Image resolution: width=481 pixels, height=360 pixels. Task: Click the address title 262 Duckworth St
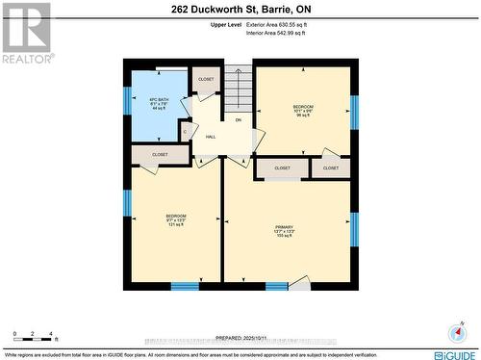pos(240,9)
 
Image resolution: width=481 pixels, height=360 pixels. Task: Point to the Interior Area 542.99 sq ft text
pos(277,33)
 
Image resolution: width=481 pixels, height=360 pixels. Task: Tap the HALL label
pos(211,137)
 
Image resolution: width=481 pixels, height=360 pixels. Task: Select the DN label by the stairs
pos(238,119)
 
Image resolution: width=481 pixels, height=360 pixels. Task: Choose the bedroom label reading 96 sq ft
pos(304,110)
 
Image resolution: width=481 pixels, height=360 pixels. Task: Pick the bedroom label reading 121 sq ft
pos(175,219)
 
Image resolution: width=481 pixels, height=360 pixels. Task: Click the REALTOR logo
pos(25,33)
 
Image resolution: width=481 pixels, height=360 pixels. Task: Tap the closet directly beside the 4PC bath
pos(206,79)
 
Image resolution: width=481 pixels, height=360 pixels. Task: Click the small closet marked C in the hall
pos(185,132)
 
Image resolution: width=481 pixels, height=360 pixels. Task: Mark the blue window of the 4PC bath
pos(126,100)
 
